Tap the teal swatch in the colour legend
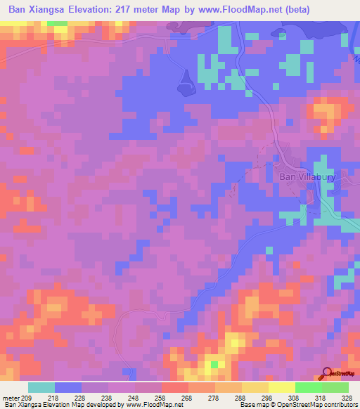[x=41, y=387]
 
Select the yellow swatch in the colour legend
[x=281, y=387]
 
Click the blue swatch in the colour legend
[x=68, y=387]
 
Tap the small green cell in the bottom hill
[x=214, y=365]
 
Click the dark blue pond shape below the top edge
[x=185, y=83]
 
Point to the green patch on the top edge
[x=58, y=23]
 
